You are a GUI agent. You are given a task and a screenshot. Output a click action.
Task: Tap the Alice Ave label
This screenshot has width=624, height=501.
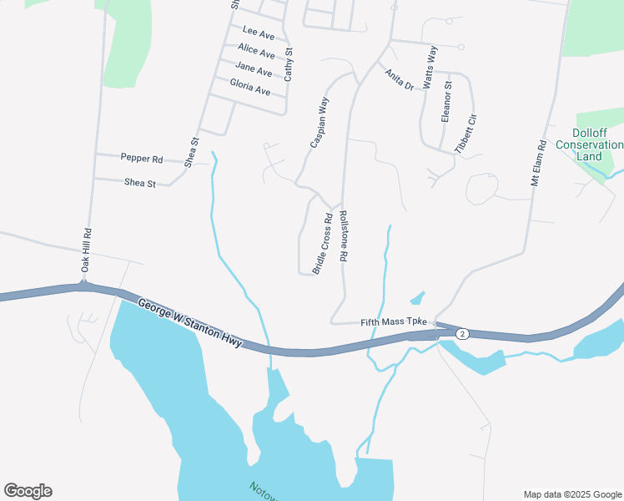tap(255, 51)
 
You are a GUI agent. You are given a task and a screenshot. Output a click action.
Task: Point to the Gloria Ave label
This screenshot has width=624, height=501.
tap(250, 88)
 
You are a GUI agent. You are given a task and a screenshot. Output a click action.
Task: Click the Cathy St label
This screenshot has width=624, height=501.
tap(289, 63)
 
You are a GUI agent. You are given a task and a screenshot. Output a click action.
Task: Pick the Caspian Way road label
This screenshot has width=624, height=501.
tap(320, 123)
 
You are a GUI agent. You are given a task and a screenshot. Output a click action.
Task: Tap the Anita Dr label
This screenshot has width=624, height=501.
tap(400, 78)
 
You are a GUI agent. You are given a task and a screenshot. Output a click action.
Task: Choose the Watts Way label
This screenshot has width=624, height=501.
tap(430, 67)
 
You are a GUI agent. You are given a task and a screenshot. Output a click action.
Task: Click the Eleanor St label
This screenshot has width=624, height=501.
tap(446, 102)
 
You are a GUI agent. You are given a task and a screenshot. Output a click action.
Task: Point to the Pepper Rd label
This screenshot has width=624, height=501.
tap(142, 157)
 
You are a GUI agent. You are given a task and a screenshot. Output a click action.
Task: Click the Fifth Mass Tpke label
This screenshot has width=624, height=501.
tap(394, 322)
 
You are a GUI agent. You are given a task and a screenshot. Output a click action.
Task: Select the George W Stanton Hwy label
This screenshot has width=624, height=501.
tap(191, 324)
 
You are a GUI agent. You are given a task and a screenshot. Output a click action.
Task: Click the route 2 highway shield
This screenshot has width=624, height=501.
tap(463, 333)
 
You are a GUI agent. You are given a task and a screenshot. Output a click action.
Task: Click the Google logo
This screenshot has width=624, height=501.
tap(28, 491)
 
